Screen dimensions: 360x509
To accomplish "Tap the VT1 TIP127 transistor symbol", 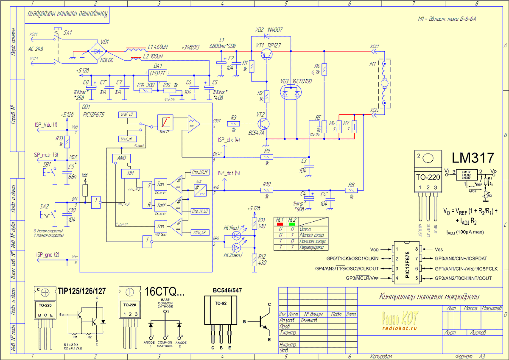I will pos(267,53).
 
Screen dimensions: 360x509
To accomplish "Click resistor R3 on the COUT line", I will pos(234,123).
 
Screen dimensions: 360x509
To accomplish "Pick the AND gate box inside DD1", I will pos(122,158).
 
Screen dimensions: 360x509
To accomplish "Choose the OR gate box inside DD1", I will pos(130,173).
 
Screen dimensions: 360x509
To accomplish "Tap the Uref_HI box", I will pos(127,139).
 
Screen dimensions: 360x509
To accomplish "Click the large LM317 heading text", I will pos(473,158).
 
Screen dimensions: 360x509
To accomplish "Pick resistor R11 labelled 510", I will pos(254,223).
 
